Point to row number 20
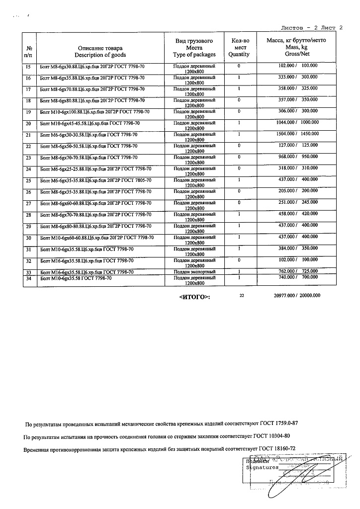[28, 123]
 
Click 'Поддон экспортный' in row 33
[194, 272]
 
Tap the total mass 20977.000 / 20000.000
[297, 296]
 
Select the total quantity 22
[242, 295]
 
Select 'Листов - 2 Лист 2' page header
[312, 28]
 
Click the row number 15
[28, 66]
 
